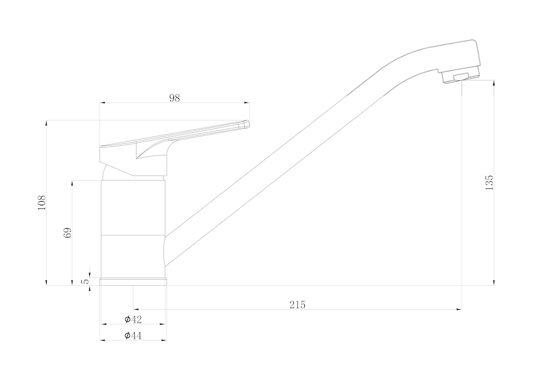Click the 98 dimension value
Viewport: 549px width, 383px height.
[x=175, y=98]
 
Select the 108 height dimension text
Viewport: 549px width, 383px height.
[x=42, y=203]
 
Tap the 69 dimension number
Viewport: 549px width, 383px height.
[x=68, y=233]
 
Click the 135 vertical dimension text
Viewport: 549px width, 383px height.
[x=489, y=183]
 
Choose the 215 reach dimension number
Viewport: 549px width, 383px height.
[x=298, y=305]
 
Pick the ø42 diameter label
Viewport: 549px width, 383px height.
[x=133, y=319]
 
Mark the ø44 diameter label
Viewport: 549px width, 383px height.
[x=133, y=336]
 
